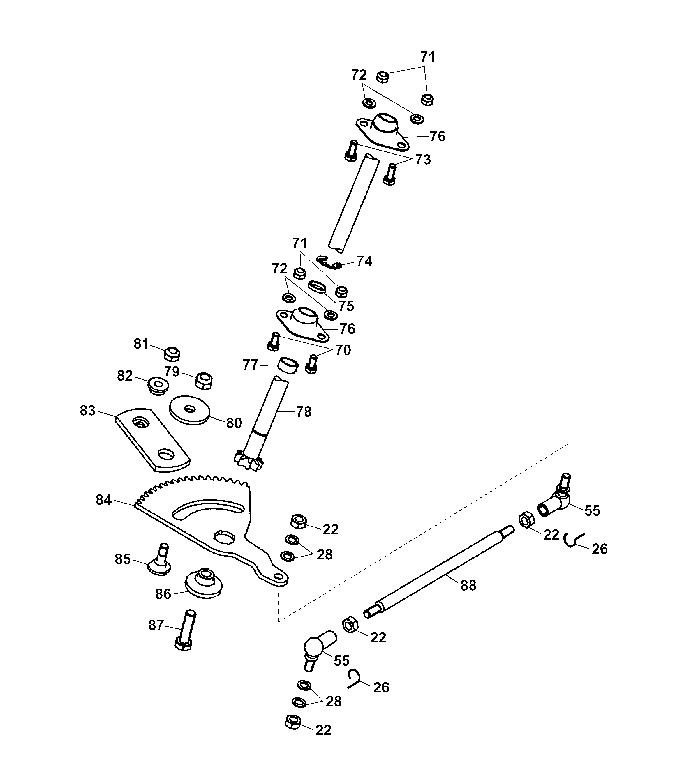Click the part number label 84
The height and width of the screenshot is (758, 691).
104,500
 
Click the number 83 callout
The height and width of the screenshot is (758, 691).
87,410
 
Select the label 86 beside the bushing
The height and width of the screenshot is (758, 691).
163,594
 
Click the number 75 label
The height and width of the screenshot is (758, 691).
346,306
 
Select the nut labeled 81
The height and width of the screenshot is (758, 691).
172,354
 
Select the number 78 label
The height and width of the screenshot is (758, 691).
304,412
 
